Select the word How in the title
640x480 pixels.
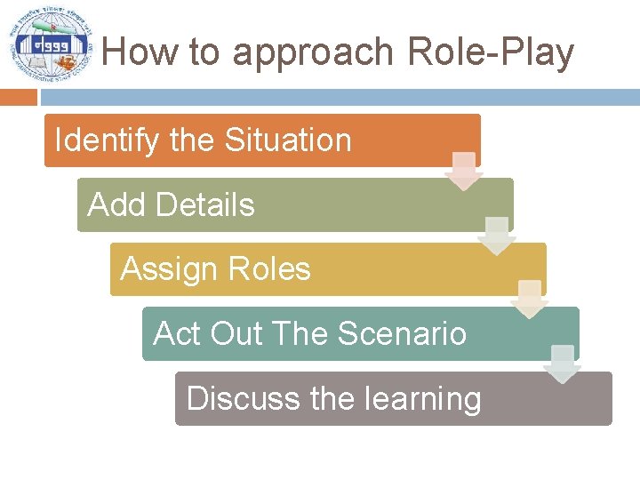(140, 52)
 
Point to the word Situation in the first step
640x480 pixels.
(288, 140)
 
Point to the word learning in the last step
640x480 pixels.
(420, 398)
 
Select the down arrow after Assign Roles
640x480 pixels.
(530, 300)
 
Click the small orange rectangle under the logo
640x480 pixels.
(19, 97)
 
